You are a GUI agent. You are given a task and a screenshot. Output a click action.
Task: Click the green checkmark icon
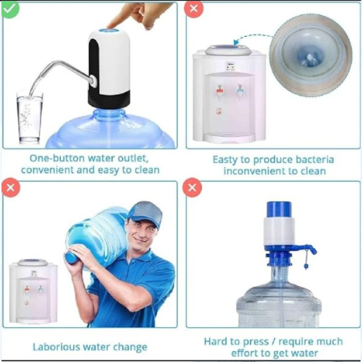point(10,10)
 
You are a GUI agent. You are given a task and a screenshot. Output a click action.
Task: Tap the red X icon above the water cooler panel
point(193,10)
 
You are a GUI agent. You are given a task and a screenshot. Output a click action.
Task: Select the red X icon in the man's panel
point(10,189)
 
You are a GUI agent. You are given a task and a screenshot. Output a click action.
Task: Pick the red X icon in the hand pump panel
point(193,189)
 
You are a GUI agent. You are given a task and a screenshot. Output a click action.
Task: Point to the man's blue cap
point(144,214)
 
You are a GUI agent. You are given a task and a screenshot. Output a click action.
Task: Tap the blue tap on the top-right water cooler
point(240,90)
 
